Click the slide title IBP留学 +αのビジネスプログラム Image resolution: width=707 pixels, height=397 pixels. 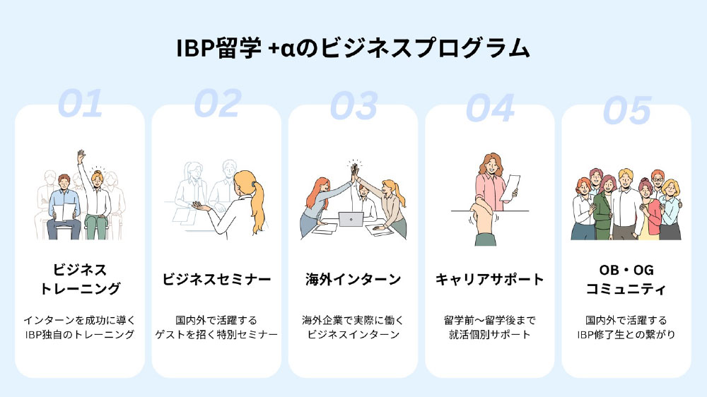(x=353, y=48)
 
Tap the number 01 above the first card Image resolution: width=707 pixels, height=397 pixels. (x=81, y=104)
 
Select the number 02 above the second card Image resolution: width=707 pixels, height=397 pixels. (x=217, y=104)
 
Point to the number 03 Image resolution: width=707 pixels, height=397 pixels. (x=354, y=106)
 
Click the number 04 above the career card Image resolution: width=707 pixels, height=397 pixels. (x=490, y=108)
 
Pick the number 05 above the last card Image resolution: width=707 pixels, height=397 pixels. (x=627, y=110)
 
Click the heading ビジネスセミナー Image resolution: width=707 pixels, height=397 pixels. (x=217, y=280)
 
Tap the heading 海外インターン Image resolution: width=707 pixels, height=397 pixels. (x=353, y=280)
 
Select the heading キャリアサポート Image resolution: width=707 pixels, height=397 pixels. (x=490, y=280)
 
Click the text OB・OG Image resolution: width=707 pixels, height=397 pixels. (x=626, y=270)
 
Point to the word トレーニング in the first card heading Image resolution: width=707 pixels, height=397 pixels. (x=81, y=289)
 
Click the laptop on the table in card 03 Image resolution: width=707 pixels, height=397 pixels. (x=351, y=220)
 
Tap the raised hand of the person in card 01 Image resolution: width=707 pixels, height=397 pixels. (x=81, y=156)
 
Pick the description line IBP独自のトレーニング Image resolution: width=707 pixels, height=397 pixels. (x=80, y=334)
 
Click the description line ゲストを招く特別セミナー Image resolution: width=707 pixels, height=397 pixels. (x=216, y=334)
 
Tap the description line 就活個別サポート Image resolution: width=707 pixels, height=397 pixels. (x=490, y=334)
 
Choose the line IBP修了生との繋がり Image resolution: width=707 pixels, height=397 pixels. (x=626, y=334)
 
